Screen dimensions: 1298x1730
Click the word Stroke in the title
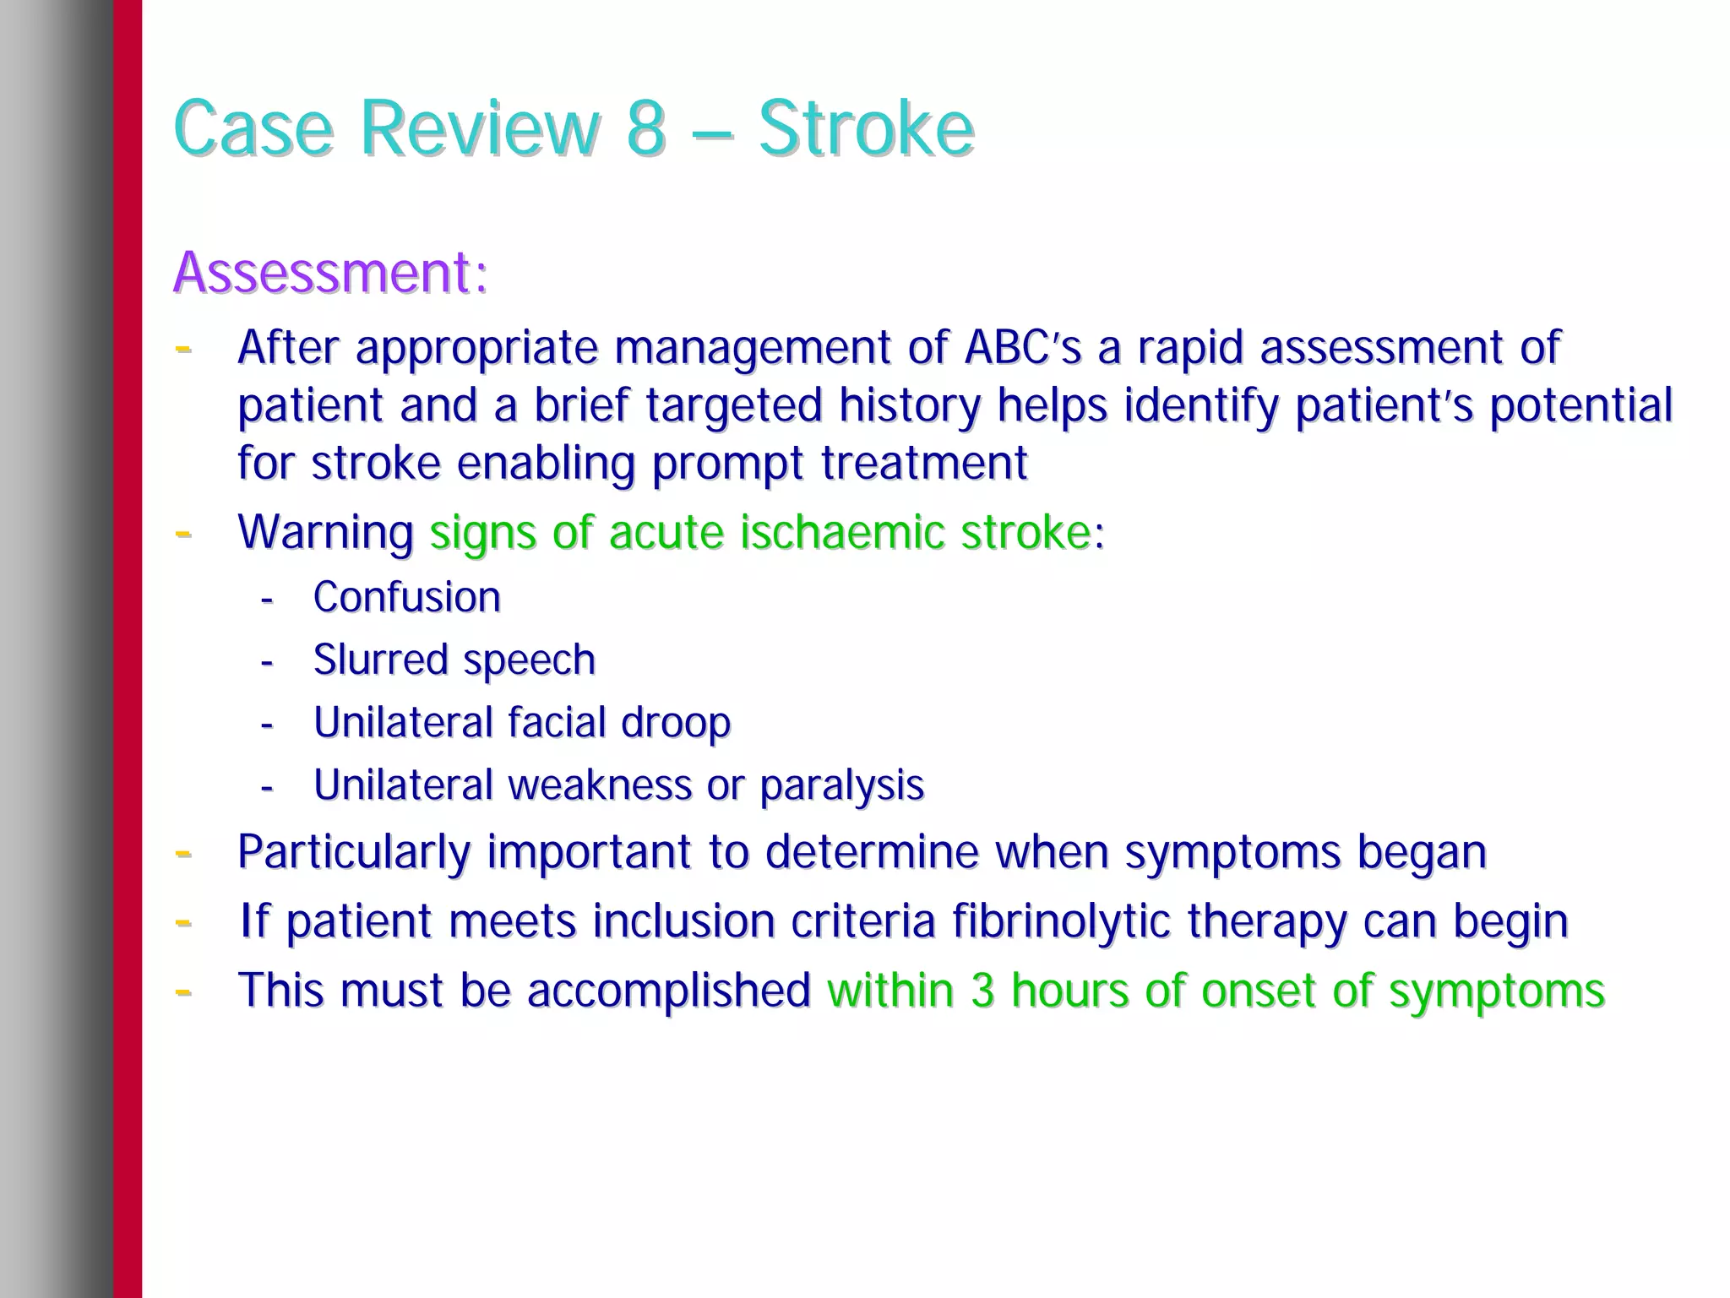pyautogui.click(x=866, y=129)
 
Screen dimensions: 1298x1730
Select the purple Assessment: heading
pyautogui.click(x=330, y=272)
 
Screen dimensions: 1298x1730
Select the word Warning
pyautogui.click(x=325, y=533)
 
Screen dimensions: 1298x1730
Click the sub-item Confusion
pyautogui.click(x=406, y=597)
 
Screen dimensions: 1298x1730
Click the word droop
pyautogui.click(x=675, y=722)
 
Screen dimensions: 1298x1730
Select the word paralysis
pyautogui.click(x=841, y=785)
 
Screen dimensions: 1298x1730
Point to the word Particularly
pyautogui.click(x=353, y=852)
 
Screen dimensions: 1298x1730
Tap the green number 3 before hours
pyautogui.click(x=982, y=991)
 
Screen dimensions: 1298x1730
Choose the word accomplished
pyautogui.click(x=668, y=991)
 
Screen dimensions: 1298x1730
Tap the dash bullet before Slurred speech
pyautogui.click(x=267, y=662)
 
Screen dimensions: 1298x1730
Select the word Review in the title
pyautogui.click(x=479, y=129)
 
